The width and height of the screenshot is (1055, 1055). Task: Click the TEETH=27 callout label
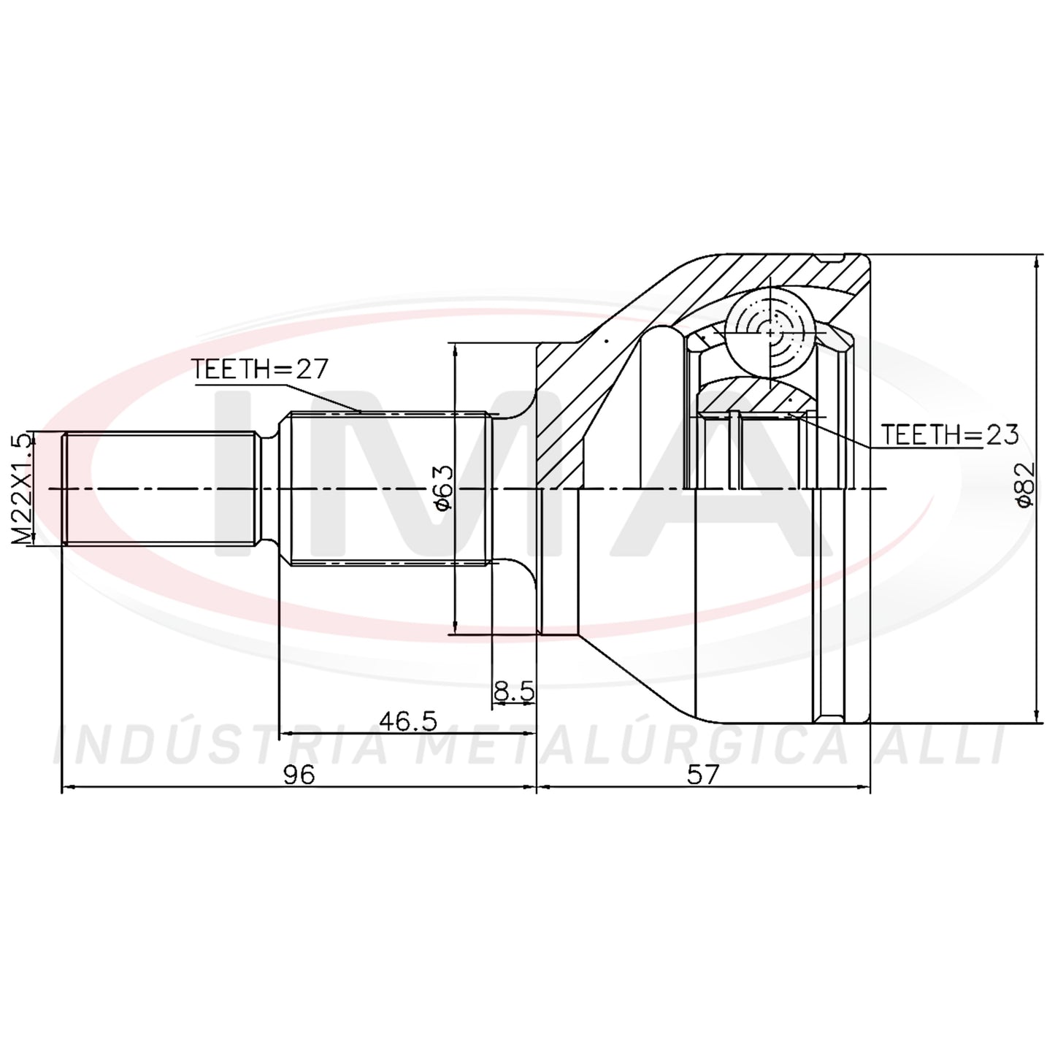259,369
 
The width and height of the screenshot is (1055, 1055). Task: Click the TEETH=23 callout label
950,434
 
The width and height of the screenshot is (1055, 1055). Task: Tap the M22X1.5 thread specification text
22,489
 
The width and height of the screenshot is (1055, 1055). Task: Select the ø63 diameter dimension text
443,488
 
